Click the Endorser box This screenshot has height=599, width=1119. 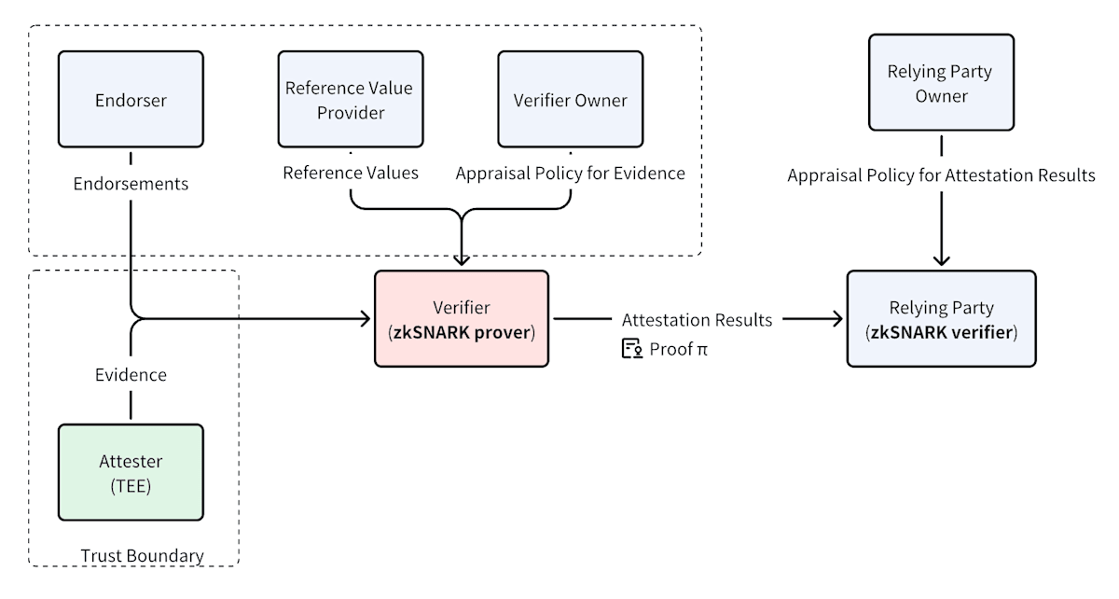click(x=131, y=99)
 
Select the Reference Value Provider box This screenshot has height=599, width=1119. click(x=351, y=99)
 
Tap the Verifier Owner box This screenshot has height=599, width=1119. click(x=571, y=99)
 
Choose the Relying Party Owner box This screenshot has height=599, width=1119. click(x=941, y=82)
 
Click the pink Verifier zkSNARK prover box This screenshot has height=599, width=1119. click(x=462, y=319)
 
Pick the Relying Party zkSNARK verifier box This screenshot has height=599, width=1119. click(x=942, y=319)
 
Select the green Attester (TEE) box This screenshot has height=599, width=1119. click(x=131, y=472)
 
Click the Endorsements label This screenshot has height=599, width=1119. click(x=131, y=184)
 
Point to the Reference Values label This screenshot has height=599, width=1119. click(x=351, y=173)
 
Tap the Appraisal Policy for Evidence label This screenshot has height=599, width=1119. click(x=571, y=173)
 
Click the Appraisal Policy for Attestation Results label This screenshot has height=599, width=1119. click(x=941, y=175)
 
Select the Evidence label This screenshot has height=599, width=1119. click(x=131, y=374)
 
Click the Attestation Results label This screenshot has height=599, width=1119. click(x=697, y=319)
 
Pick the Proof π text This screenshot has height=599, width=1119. click(x=679, y=349)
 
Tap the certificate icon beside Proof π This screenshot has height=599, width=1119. click(x=632, y=349)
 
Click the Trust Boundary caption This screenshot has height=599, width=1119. click(x=143, y=555)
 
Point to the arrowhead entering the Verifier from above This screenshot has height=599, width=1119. click(x=462, y=260)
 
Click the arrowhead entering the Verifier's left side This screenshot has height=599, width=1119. click(x=365, y=318)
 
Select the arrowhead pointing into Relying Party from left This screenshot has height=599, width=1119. click(x=837, y=318)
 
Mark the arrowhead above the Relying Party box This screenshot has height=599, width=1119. click(x=942, y=260)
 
